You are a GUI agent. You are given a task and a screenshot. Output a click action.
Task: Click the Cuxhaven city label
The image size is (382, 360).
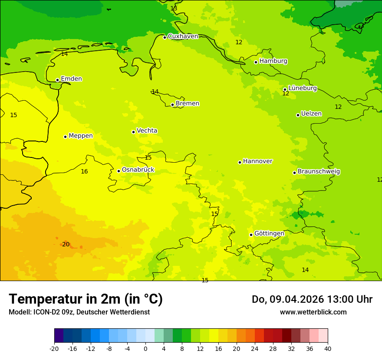183,36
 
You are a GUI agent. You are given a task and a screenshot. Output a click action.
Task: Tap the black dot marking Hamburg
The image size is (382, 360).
256,62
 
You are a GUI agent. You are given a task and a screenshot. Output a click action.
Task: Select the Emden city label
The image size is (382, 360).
71,79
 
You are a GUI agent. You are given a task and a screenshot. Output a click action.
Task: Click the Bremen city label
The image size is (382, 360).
187,104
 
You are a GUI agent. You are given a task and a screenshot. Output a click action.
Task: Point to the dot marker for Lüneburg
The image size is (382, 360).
285,89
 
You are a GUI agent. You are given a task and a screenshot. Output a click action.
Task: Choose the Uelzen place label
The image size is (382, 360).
311,114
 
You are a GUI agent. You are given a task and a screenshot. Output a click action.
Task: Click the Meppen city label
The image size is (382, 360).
80,136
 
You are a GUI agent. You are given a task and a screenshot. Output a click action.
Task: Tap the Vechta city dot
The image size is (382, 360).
134,132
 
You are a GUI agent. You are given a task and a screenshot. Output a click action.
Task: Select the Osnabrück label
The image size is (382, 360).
138,170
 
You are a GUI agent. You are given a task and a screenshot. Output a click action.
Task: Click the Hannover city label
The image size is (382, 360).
257,161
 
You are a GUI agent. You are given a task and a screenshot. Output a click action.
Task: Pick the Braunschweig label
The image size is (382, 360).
319,172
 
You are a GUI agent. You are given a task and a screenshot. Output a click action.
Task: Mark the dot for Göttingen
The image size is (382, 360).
251,235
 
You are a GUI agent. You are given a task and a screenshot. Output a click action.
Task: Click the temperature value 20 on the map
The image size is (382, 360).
66,245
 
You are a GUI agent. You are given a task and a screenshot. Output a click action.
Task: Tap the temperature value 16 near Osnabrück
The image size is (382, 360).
84,172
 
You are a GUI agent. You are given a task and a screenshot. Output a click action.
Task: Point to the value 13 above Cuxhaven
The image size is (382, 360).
174,9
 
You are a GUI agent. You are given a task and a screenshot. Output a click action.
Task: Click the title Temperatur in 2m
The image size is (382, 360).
86,299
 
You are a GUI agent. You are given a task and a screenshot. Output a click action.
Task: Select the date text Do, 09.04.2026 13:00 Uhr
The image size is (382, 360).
312,299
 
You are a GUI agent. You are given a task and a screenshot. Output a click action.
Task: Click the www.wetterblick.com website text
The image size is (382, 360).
313,312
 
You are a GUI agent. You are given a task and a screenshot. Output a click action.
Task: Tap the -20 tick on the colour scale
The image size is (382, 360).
54,348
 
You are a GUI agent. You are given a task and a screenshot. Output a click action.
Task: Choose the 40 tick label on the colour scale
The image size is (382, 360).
328,348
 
